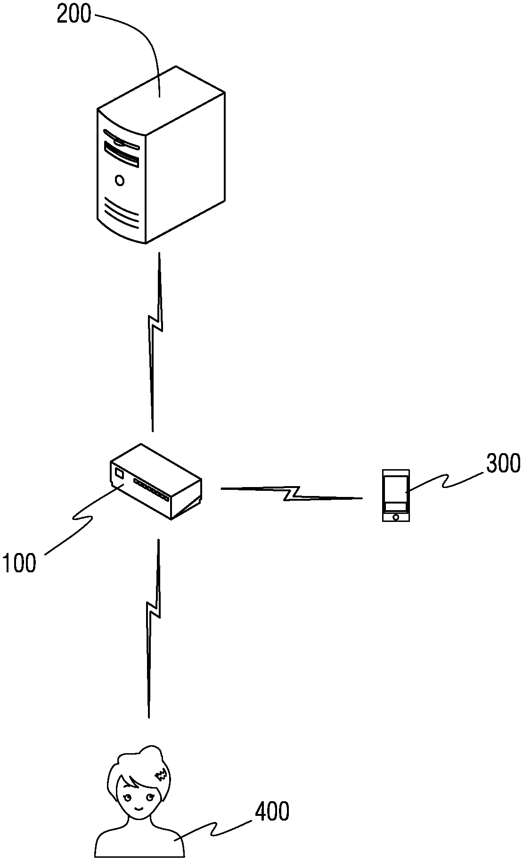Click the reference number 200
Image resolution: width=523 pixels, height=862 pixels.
(74, 14)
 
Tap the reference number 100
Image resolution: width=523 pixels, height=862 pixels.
(19, 562)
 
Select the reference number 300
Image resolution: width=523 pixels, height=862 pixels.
(503, 464)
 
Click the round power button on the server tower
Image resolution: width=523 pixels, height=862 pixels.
(120, 180)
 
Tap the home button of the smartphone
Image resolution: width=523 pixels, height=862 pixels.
(396, 517)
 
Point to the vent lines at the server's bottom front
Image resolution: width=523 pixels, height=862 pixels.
(122, 213)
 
